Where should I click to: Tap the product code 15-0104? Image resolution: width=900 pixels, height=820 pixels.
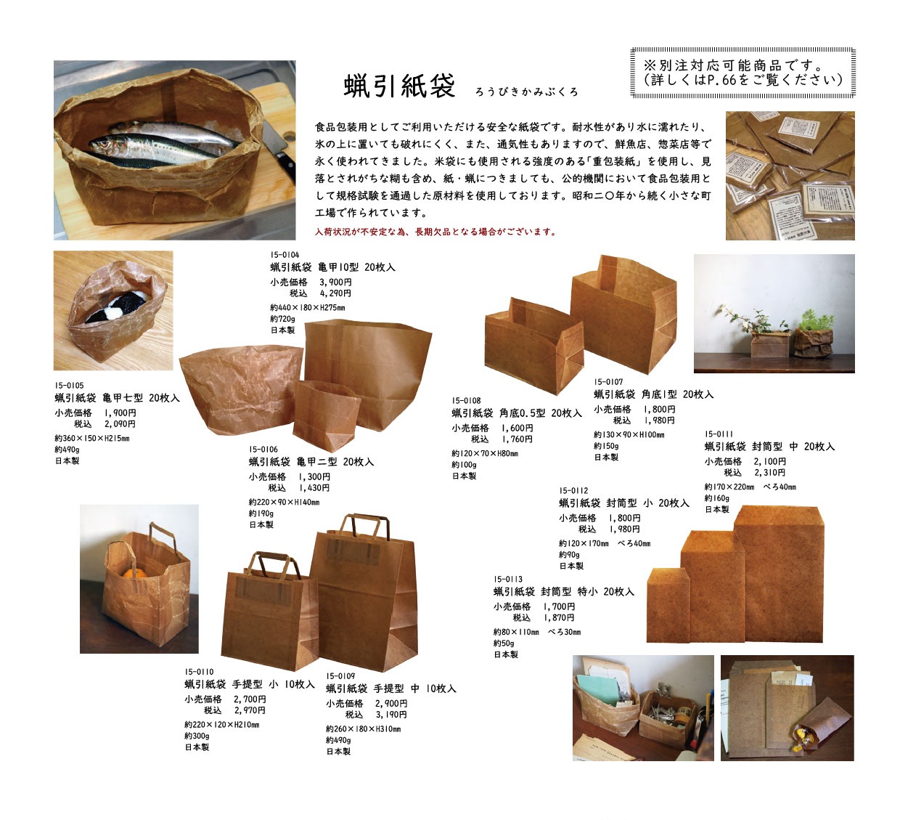(x=285, y=255)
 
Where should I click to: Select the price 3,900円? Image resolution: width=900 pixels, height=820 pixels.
(x=335, y=282)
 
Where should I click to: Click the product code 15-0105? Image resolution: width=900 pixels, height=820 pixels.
(x=69, y=385)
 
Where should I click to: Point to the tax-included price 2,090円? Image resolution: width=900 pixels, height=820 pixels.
(x=120, y=424)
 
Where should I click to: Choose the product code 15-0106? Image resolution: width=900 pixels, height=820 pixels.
(x=263, y=449)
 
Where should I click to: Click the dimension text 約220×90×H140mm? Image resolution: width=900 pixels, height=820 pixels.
(x=284, y=502)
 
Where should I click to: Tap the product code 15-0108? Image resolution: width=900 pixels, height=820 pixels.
(x=466, y=401)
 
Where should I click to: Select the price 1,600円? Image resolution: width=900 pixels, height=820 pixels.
(x=517, y=428)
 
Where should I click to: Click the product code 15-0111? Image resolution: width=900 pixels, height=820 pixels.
(x=719, y=434)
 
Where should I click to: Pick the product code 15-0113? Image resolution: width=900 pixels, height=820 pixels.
(x=508, y=579)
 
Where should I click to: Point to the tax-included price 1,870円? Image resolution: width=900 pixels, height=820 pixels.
(x=559, y=617)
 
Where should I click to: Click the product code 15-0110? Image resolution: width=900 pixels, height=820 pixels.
(x=199, y=671)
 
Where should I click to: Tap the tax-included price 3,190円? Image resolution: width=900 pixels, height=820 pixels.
(x=391, y=714)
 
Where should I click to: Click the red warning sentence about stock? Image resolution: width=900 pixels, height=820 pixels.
(x=435, y=232)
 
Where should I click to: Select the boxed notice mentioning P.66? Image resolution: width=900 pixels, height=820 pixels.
(x=742, y=73)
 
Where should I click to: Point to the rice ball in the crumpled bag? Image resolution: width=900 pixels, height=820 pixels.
(x=118, y=306)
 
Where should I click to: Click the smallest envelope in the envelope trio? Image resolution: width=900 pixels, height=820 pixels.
(x=668, y=604)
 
